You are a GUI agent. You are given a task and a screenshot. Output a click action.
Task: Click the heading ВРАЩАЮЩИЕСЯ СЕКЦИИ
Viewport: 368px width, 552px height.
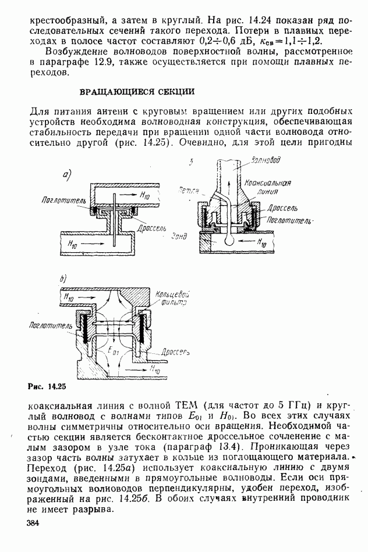click(136, 92)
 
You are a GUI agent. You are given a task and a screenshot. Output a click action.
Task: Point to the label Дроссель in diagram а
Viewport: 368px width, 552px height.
click(149, 228)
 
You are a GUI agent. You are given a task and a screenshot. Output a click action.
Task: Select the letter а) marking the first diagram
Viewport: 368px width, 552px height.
click(68, 174)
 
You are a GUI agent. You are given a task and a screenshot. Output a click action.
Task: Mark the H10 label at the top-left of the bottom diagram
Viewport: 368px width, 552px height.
click(68, 296)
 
